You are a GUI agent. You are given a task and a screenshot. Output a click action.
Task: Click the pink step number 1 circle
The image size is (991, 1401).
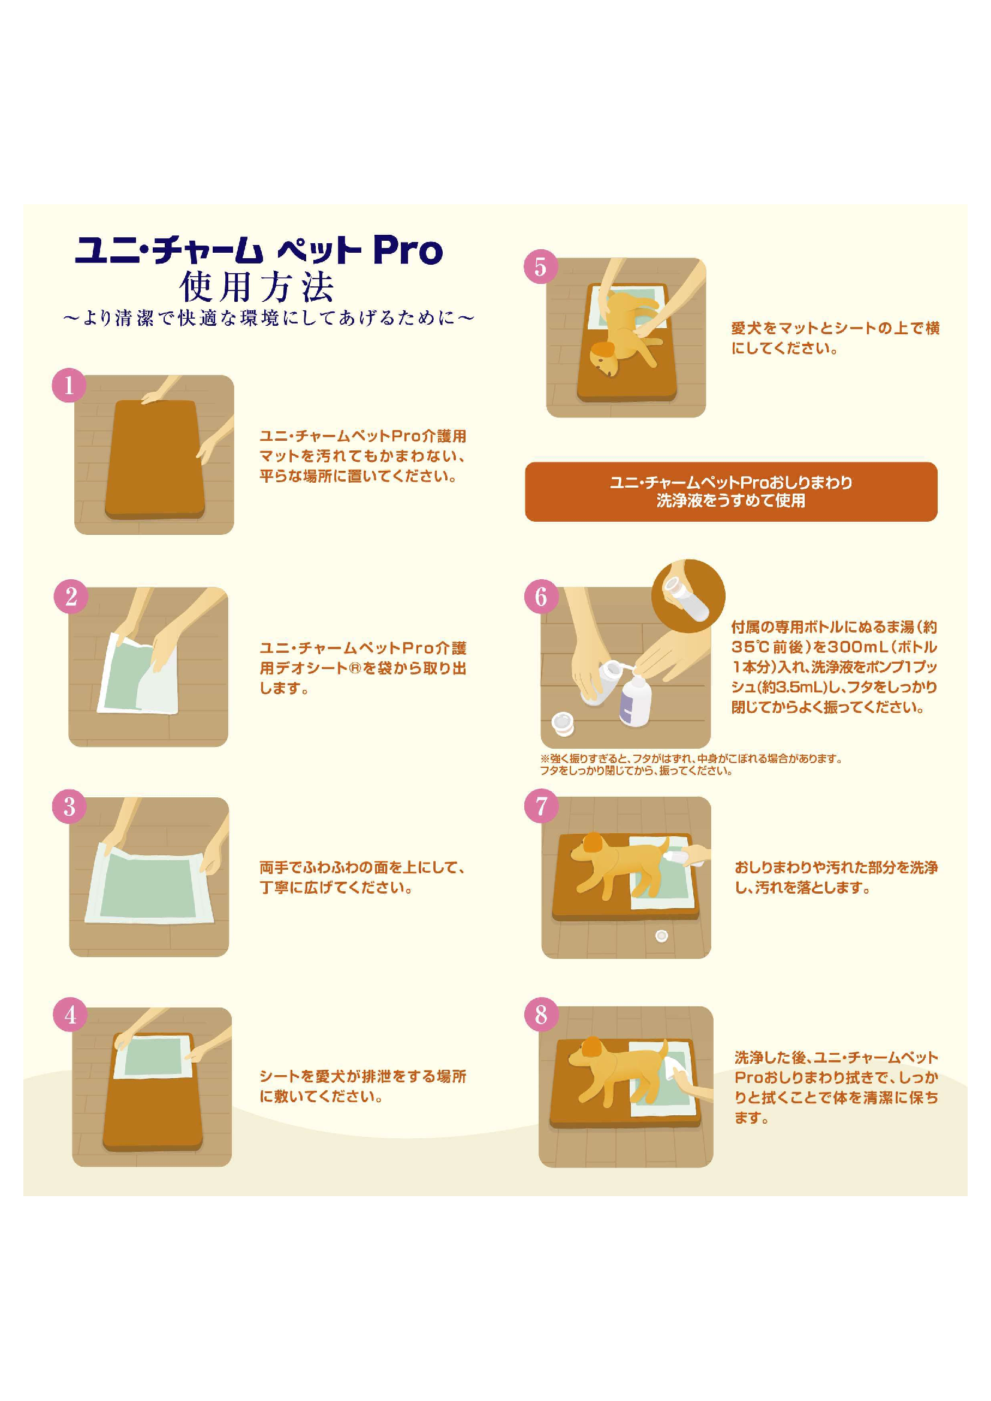coord(68,385)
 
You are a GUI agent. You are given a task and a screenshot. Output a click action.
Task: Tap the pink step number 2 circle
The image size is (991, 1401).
coord(71,596)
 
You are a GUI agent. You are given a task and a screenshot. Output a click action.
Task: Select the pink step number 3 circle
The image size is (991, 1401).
coord(70,807)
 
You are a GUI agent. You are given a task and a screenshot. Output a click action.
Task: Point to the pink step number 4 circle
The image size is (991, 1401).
coord(71,1015)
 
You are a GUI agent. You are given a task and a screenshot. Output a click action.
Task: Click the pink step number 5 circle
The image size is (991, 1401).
coord(540,267)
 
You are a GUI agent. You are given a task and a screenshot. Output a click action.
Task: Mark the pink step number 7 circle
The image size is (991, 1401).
coord(541,806)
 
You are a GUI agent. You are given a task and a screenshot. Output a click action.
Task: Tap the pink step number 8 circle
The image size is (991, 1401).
coord(541,1015)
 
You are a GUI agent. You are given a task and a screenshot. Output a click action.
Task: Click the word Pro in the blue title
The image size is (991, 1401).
coord(407,250)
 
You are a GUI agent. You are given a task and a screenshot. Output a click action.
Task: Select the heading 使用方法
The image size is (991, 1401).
coord(257,287)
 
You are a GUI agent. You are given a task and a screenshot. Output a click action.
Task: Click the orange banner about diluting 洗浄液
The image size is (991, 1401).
coord(730,492)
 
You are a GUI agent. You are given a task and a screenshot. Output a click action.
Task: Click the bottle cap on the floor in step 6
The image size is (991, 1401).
coord(563,723)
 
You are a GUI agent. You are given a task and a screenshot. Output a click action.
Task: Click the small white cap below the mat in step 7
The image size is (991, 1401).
coord(661,936)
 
